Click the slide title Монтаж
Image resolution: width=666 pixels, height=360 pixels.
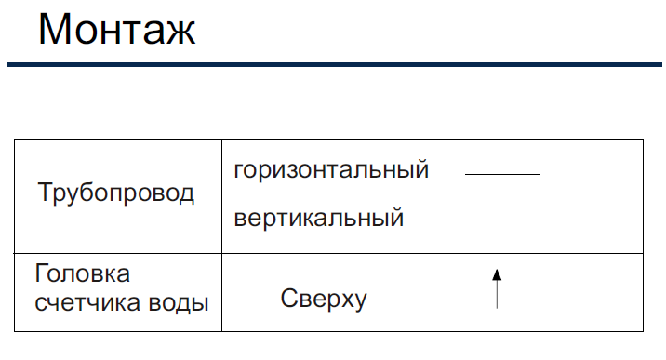pyautogui.click(x=117, y=29)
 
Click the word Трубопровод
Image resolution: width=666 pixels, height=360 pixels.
pyautogui.click(x=115, y=193)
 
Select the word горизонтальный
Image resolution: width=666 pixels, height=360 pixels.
pyautogui.click(x=331, y=170)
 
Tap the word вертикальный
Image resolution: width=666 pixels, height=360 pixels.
pyautogui.click(x=318, y=219)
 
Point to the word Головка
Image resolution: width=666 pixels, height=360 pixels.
pyautogui.click(x=83, y=273)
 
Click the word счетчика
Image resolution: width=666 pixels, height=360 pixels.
pyautogui.click(x=87, y=303)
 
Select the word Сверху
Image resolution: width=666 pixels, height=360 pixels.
pyautogui.click(x=324, y=299)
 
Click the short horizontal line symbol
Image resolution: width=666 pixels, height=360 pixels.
pyautogui.click(x=502, y=174)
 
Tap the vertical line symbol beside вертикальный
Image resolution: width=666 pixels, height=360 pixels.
pyautogui.click(x=499, y=221)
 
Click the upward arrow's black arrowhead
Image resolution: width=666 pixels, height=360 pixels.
pyautogui.click(x=497, y=274)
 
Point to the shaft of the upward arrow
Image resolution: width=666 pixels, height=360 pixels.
pyautogui.click(x=497, y=295)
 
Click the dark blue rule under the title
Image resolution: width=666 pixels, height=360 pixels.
pyautogui.click(x=335, y=64)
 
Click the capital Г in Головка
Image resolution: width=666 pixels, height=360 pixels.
pyautogui.click(x=42, y=273)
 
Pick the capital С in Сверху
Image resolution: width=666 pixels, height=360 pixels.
pyautogui.click(x=289, y=298)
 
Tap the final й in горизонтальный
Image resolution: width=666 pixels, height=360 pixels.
pyautogui.click(x=420, y=169)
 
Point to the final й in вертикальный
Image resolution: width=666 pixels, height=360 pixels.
pyautogui.click(x=395, y=217)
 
